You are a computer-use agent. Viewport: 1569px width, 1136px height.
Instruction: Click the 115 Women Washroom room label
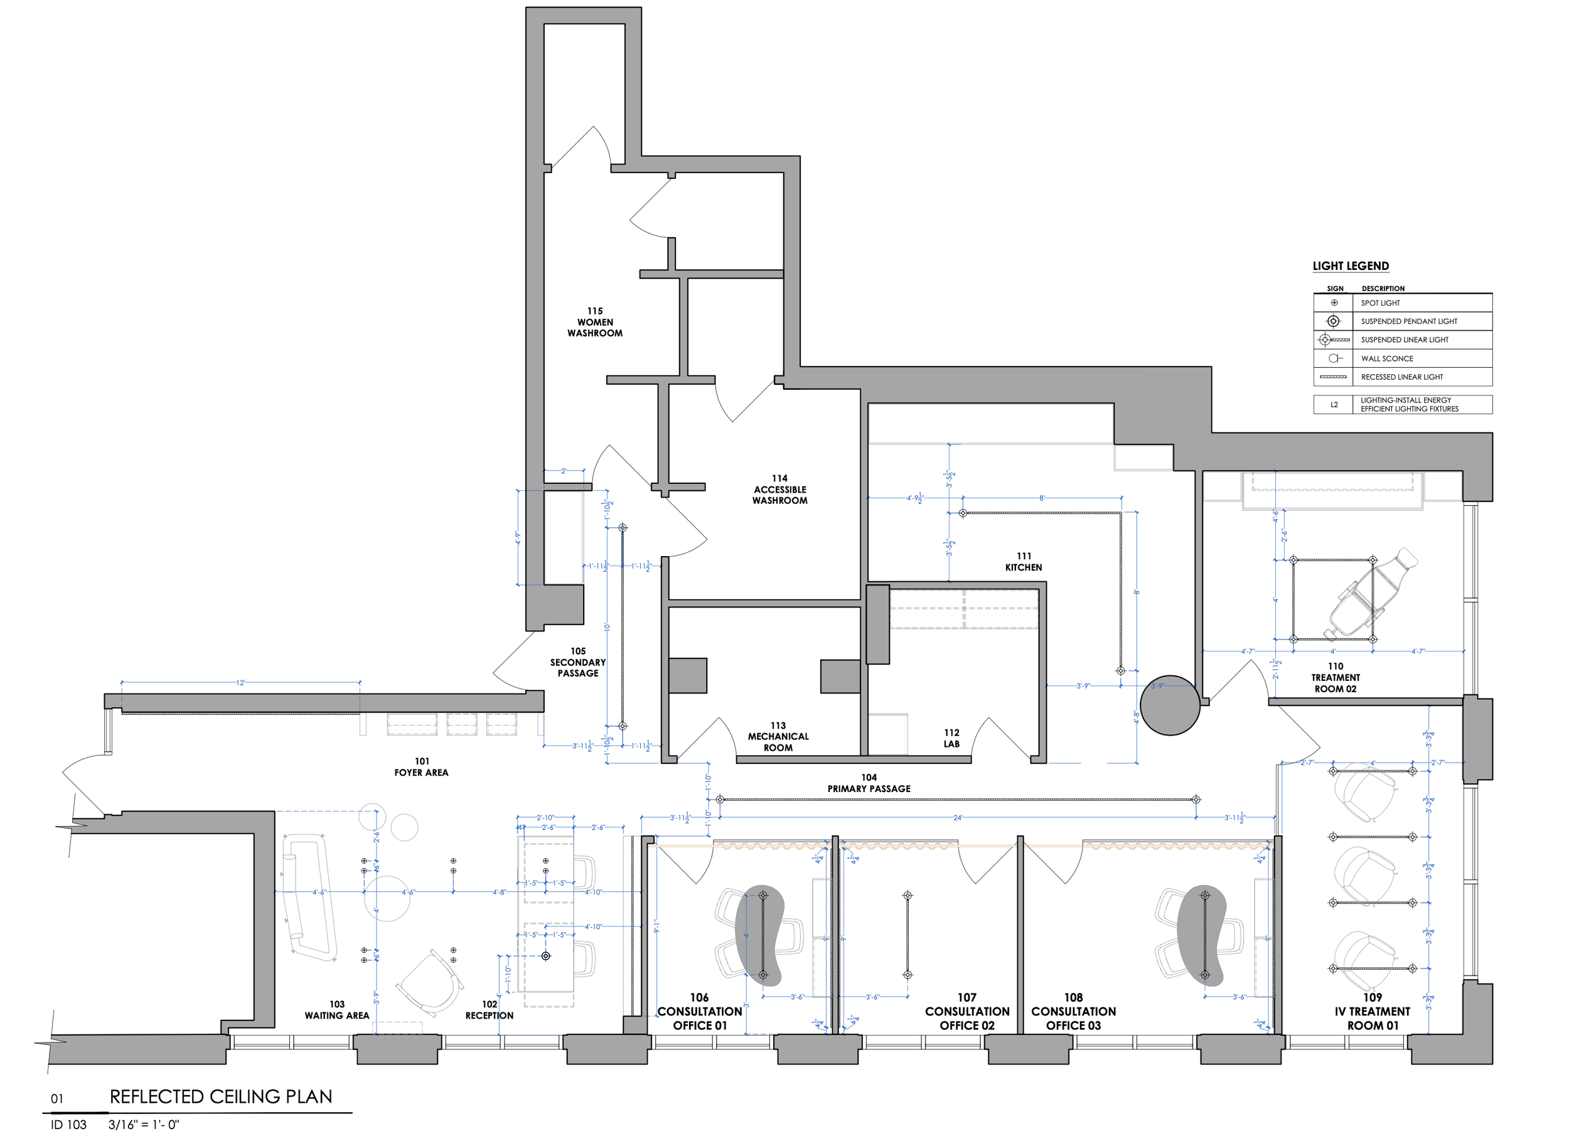click(x=595, y=323)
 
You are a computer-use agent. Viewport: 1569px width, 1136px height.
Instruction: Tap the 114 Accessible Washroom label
click(x=779, y=489)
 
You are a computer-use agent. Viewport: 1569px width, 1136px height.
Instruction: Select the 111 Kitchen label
click(x=1024, y=562)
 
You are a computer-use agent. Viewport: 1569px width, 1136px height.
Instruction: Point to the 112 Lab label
click(x=952, y=738)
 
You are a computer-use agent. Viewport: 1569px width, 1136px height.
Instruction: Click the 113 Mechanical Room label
click(x=778, y=736)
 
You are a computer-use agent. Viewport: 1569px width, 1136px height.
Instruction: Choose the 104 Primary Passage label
click(x=869, y=783)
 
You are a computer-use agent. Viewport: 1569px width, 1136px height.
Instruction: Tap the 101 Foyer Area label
click(x=421, y=766)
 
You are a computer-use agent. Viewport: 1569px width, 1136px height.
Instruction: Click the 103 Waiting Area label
click(x=337, y=1009)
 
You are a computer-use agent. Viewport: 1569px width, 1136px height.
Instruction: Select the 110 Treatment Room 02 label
click(x=1335, y=677)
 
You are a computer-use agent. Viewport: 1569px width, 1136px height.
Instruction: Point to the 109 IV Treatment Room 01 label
click(x=1373, y=1010)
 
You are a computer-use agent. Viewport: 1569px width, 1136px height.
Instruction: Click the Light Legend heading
click(x=1351, y=266)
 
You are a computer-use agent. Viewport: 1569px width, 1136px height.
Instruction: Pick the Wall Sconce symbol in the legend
click(x=1334, y=358)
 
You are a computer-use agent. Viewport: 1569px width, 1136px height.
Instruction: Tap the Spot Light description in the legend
click(x=1380, y=303)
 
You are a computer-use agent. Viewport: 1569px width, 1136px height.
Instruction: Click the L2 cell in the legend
click(x=1334, y=405)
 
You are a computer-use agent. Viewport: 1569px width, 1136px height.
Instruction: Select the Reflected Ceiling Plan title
click(x=221, y=1096)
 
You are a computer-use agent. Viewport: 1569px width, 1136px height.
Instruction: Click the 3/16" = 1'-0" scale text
click(x=143, y=1125)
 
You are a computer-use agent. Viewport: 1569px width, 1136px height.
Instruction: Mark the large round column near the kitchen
click(x=1169, y=705)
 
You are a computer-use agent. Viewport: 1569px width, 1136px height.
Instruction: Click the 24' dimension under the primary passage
click(x=958, y=818)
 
